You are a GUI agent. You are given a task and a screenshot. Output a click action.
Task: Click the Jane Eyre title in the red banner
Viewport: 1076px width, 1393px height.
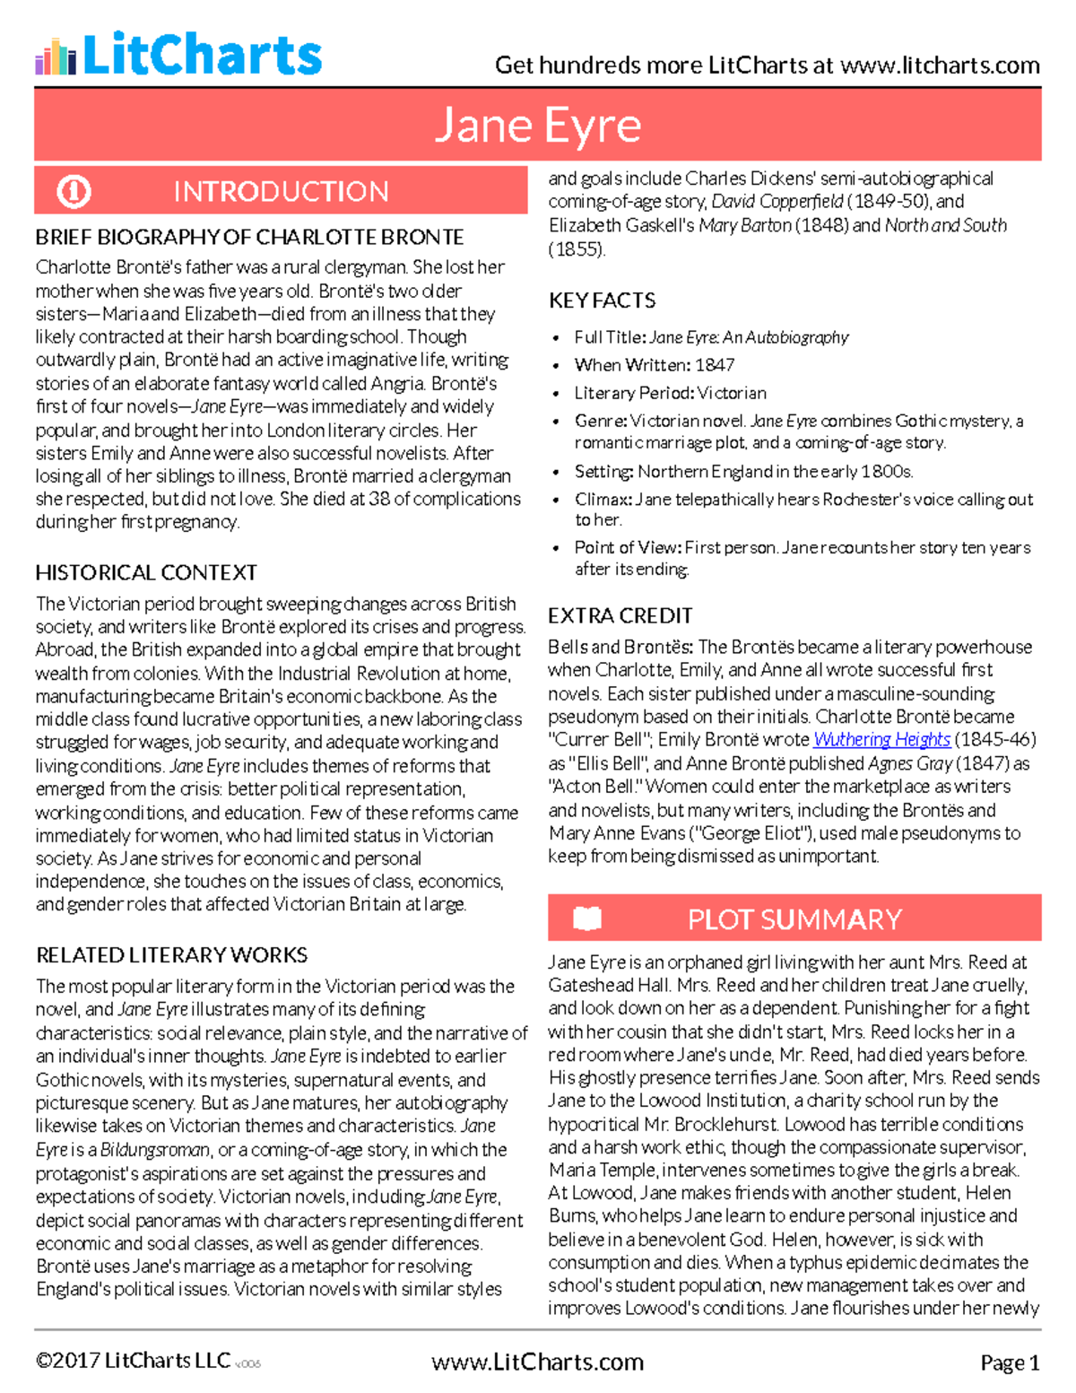[x=538, y=126]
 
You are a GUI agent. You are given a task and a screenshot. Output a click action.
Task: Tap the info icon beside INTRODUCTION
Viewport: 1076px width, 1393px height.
[x=74, y=191]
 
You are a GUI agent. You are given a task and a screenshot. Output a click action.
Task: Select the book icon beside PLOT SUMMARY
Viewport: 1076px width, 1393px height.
[x=587, y=919]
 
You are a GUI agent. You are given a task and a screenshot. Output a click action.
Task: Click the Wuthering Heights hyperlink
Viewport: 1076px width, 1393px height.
[x=881, y=740]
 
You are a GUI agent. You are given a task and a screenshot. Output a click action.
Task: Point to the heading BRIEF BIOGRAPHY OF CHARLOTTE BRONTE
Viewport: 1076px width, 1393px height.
[x=249, y=238]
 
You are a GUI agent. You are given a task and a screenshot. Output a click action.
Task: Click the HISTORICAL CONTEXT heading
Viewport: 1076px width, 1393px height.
[x=146, y=573]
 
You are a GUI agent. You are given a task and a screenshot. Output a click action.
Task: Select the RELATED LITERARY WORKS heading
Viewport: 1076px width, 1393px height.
[x=171, y=955]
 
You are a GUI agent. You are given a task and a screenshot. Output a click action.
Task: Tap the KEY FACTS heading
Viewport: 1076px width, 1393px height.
[x=602, y=300]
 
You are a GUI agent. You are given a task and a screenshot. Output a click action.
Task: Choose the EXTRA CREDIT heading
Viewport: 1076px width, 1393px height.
[x=620, y=616]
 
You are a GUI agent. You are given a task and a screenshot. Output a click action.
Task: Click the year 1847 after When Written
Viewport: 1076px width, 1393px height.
[x=715, y=365]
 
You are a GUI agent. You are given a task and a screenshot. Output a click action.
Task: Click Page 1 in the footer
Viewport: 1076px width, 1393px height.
[x=1010, y=1363]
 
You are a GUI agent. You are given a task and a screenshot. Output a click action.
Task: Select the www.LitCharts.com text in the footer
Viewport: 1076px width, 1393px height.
[x=537, y=1363]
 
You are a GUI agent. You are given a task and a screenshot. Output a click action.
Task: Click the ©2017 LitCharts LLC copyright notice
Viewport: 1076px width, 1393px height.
[x=133, y=1362]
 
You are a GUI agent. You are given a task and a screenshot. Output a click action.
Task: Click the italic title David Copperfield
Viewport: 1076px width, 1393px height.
[x=777, y=202]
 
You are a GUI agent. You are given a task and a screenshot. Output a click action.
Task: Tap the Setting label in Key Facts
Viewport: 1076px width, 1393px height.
[x=604, y=472]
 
